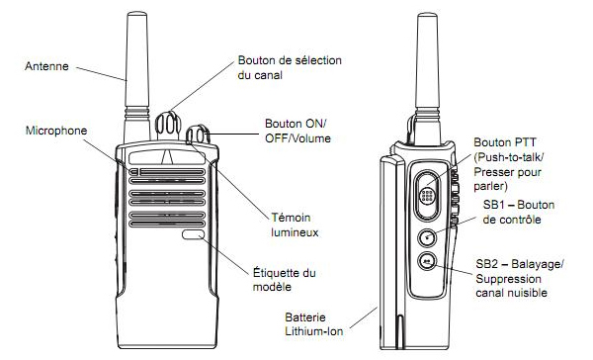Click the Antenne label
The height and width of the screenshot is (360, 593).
click(46, 66)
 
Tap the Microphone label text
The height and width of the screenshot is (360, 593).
click(56, 131)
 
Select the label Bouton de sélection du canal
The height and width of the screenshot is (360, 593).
click(290, 67)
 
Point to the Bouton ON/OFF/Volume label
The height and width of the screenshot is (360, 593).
click(297, 131)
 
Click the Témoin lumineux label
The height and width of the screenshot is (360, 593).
click(295, 225)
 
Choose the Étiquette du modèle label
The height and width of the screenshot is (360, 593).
click(284, 279)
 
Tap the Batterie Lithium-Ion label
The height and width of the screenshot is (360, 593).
click(314, 324)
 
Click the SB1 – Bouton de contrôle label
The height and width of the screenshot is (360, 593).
click(519, 212)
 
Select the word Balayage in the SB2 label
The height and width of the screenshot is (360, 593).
click(537, 264)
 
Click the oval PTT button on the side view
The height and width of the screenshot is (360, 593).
click(427, 195)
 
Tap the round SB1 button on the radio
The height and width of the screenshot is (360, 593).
click(427, 237)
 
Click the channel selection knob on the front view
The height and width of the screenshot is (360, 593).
click(168, 125)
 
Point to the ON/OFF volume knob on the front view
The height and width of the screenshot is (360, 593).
click(198, 135)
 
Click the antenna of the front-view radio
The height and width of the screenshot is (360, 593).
click(136, 77)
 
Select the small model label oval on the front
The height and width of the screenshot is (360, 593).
click(193, 234)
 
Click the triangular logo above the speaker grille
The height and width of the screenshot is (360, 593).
click(166, 157)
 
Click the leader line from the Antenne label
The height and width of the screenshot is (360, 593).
click(101, 74)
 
